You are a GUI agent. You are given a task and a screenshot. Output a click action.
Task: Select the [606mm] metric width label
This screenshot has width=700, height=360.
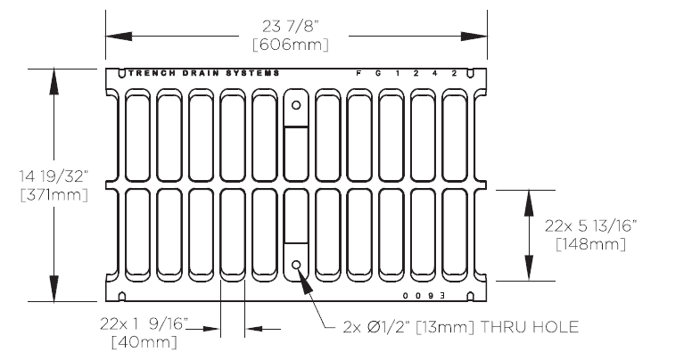coord(295,43)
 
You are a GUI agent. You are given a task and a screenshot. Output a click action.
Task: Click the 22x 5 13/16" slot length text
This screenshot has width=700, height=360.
coord(589,225)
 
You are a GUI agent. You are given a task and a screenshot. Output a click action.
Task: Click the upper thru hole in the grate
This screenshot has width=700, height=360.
coord(297,104)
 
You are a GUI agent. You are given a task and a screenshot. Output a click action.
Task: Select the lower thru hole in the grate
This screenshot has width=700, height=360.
coord(297,264)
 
